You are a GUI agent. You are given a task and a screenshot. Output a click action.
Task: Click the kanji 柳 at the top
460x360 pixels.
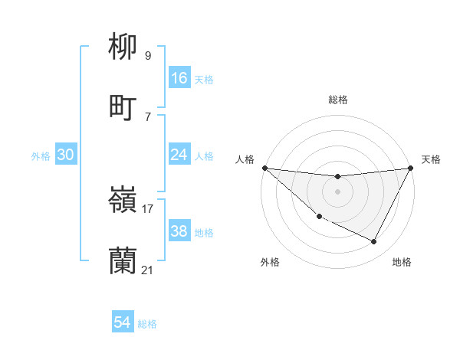[123, 48]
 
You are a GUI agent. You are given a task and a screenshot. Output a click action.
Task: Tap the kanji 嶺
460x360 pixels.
[123, 201]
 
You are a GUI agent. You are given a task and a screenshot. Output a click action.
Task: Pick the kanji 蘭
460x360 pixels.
[123, 261]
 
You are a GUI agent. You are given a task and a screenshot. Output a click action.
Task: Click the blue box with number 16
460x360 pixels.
[179, 78]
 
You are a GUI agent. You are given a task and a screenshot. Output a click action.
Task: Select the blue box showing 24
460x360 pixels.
[179, 155]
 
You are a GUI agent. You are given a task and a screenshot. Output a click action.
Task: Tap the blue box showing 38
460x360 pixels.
[179, 231]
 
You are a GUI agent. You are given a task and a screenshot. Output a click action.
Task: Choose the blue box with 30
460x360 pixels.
[66, 155]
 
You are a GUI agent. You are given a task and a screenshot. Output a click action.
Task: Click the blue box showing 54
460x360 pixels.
[123, 323]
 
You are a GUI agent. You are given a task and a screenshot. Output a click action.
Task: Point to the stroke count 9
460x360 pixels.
[148, 56]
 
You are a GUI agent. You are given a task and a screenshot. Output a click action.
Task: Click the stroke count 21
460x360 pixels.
[148, 270]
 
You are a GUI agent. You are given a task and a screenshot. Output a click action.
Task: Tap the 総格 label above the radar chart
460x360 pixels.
[338, 100]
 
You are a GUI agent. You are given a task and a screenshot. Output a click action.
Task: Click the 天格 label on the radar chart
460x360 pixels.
[431, 159]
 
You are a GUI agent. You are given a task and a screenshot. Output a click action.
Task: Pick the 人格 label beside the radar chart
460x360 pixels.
[245, 159]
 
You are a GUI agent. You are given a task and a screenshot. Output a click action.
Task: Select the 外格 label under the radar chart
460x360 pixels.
[270, 263]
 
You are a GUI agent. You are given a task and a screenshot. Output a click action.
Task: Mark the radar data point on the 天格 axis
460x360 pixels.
[410, 168]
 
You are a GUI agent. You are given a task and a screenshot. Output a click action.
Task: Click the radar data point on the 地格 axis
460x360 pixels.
[374, 242]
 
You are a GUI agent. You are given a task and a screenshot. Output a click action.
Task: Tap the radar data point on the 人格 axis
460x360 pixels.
[264, 168]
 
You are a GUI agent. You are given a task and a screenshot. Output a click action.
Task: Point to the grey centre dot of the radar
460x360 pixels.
[337, 191]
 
